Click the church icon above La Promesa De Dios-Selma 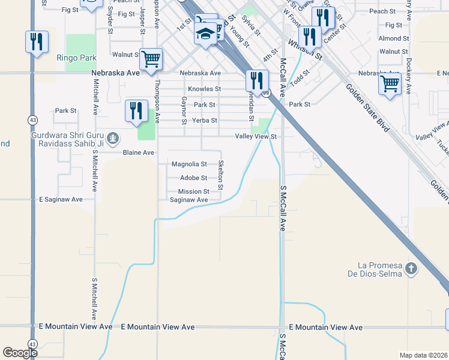[411, 268]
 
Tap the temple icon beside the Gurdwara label [115, 139]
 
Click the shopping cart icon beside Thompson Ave [151, 59]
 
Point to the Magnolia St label [189, 164]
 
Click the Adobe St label [193, 178]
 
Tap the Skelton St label [221, 175]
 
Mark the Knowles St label [205, 89]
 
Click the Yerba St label [205, 121]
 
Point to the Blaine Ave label [139, 153]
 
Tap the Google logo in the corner [20, 353]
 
